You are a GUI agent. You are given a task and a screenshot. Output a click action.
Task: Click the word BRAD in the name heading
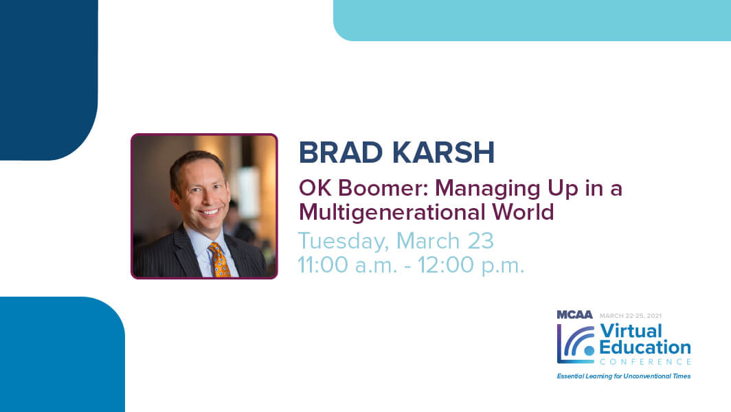click(340, 152)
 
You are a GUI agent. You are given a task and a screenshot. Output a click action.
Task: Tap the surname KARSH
click(443, 152)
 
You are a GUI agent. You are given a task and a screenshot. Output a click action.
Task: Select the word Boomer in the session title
click(384, 188)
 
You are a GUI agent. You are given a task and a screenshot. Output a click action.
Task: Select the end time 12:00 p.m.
click(471, 265)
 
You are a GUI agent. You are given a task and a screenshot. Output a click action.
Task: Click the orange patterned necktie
click(219, 260)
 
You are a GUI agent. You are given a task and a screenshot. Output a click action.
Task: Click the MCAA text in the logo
click(574, 314)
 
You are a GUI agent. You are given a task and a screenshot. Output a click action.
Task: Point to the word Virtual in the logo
click(631, 331)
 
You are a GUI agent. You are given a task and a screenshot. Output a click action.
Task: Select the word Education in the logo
click(644, 347)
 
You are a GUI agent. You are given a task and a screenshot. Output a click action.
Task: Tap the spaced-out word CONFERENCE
click(645, 362)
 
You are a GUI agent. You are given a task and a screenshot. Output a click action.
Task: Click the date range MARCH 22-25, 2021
click(630, 316)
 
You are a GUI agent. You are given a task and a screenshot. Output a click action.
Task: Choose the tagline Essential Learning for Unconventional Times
click(624, 376)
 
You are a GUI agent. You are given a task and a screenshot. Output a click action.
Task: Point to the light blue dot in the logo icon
click(589, 350)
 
